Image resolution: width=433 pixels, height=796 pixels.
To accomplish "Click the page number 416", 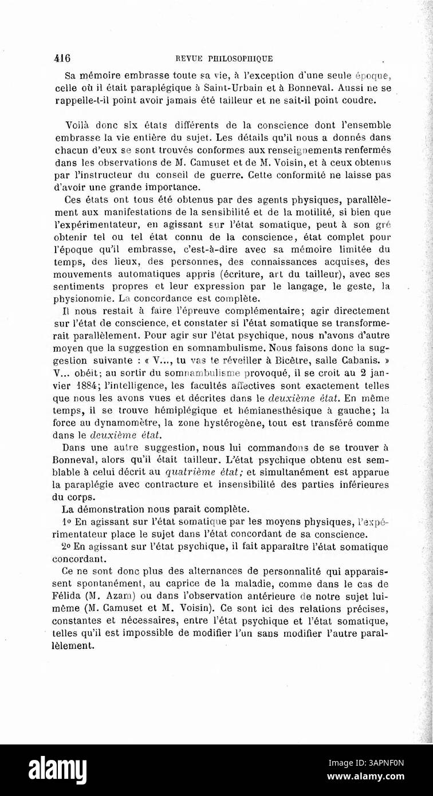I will [62, 58].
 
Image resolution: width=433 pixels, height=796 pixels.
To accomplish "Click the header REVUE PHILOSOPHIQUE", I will [224, 58].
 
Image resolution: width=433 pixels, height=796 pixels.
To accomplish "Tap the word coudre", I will [362, 101].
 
